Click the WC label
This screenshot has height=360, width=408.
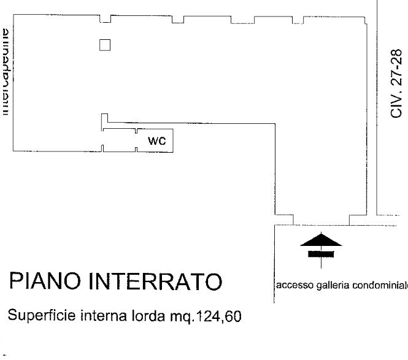(157, 141)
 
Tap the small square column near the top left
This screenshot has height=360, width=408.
(105, 45)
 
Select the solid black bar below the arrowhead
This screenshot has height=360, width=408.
(320, 252)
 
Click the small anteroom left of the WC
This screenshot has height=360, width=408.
(119, 140)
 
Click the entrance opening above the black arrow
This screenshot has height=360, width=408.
(321, 221)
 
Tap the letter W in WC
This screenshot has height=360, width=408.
(153, 141)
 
